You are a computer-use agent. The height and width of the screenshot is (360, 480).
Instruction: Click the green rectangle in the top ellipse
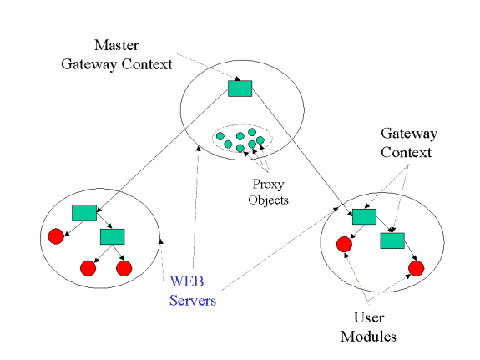(240, 89)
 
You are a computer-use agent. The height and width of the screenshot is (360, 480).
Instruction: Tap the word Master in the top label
(116, 45)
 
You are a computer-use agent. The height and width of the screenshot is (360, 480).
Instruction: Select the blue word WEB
(187, 281)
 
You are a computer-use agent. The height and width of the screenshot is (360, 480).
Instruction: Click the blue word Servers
(193, 300)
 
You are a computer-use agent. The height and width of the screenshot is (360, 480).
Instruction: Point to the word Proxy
(268, 185)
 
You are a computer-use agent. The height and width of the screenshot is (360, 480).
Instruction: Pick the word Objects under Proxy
(268, 200)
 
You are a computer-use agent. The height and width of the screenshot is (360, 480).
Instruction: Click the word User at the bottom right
(369, 317)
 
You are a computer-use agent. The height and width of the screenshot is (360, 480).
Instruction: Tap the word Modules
(368, 337)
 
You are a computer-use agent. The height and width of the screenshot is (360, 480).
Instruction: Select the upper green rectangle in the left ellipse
(84, 213)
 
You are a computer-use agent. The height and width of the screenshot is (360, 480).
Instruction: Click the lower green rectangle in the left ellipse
(113, 236)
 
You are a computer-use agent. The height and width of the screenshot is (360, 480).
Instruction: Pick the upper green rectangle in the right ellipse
(364, 216)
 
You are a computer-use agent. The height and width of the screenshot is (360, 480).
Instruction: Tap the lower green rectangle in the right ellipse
(392, 241)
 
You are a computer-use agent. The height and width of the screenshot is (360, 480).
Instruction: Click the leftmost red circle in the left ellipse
(56, 236)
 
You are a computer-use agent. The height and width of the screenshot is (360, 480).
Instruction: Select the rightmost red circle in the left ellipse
(124, 268)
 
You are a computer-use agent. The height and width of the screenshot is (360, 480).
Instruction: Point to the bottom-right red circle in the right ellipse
(417, 268)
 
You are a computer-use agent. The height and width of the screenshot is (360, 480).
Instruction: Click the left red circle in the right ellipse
(344, 244)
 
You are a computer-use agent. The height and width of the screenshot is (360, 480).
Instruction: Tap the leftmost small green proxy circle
(220, 136)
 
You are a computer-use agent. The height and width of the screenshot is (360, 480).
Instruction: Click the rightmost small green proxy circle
(260, 140)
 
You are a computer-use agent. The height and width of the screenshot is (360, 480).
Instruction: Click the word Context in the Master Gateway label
(147, 64)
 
